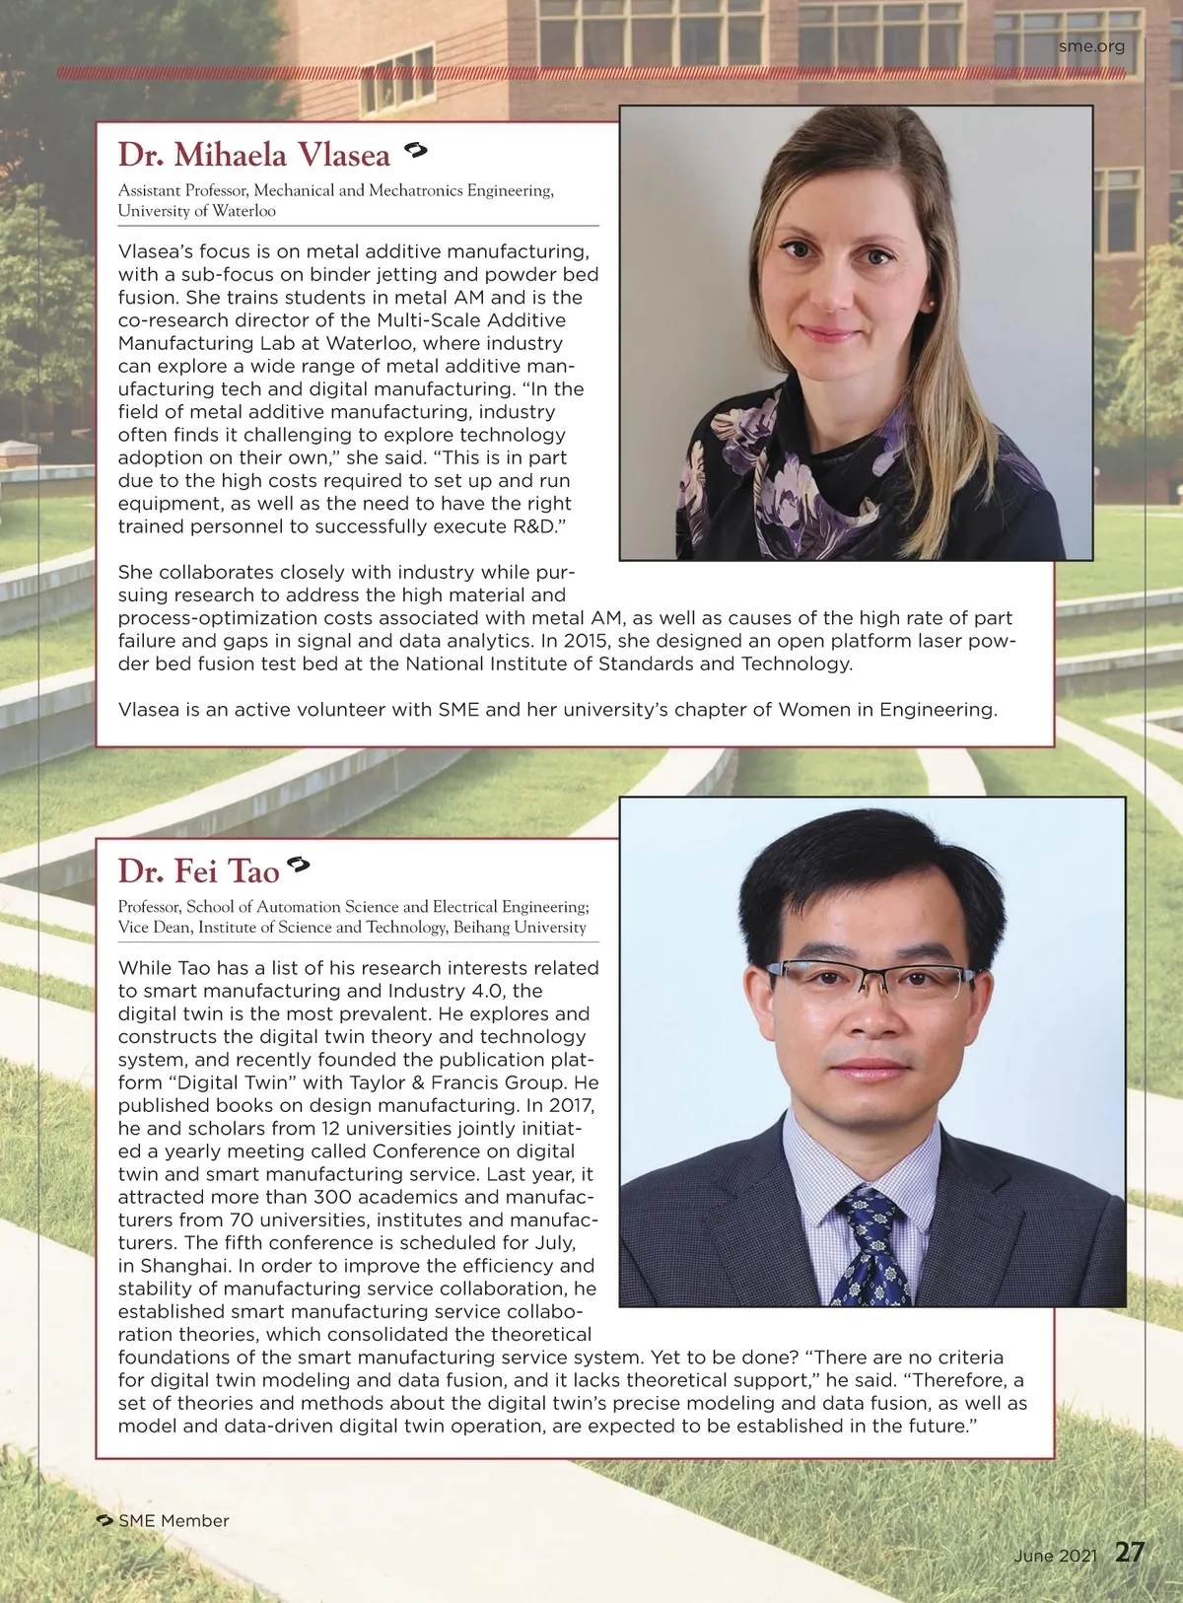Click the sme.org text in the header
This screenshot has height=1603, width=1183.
(1091, 45)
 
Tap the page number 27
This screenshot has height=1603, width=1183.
(1130, 1553)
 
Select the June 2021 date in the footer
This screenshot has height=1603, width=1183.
(1055, 1556)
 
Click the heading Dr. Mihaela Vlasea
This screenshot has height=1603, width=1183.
(254, 155)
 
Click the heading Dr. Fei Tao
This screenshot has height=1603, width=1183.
(198, 871)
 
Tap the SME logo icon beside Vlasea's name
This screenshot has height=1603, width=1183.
(415, 151)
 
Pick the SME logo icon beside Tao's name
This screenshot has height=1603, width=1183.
(298, 866)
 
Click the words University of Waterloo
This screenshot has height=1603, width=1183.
(197, 211)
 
